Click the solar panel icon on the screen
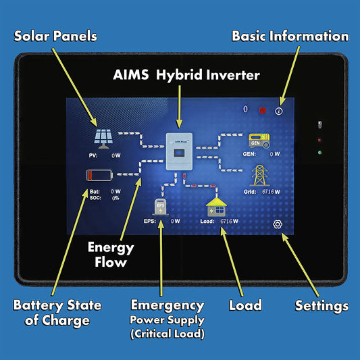[x=103, y=138]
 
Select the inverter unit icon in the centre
[x=180, y=151]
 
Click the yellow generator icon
[x=260, y=140]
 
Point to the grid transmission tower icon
[x=260, y=176]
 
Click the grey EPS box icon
[x=160, y=206]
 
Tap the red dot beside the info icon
[x=262, y=110]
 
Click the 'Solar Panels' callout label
[x=56, y=36]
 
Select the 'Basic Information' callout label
[x=290, y=36]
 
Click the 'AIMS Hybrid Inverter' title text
[x=186, y=75]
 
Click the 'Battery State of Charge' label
[x=57, y=313]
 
